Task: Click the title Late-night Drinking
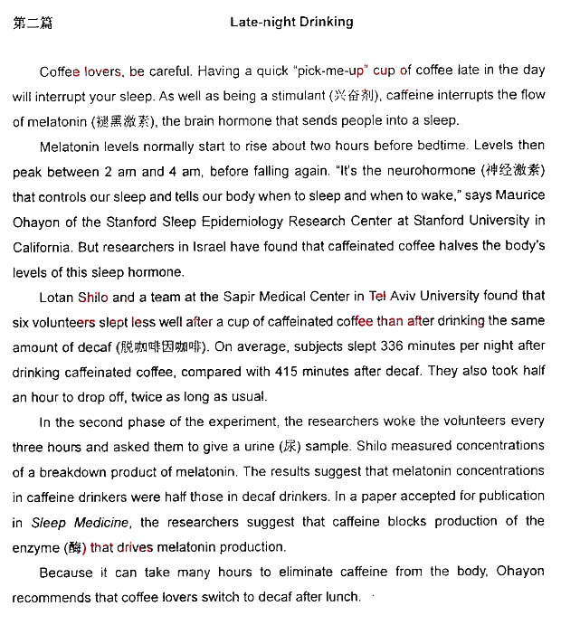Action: coord(291,22)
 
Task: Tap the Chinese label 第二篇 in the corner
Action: coord(33,23)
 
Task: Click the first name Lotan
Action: coord(57,296)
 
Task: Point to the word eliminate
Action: coord(290,572)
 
